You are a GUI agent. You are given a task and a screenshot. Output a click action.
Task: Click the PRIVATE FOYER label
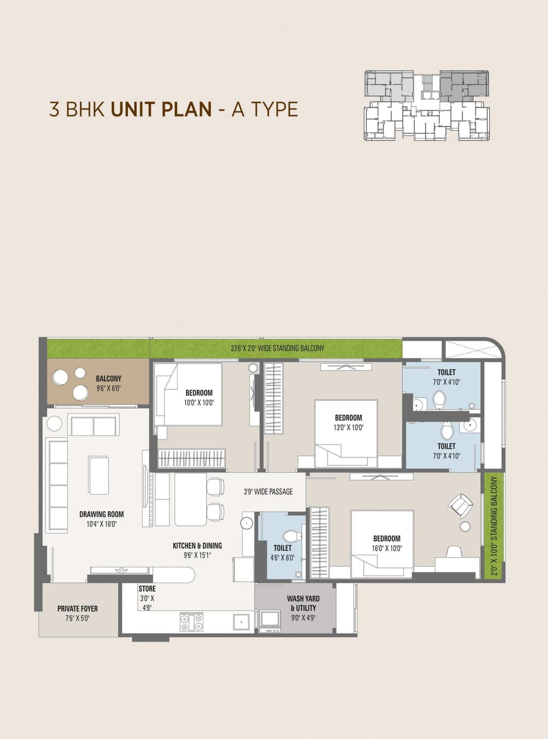pos(77,608)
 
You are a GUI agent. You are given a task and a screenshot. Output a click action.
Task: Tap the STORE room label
pos(147,589)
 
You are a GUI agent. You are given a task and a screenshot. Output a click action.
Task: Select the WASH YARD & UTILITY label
pos(303,603)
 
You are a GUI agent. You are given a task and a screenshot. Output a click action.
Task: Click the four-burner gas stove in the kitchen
pos(191,622)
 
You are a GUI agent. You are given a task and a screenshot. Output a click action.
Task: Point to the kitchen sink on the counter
pos(241,622)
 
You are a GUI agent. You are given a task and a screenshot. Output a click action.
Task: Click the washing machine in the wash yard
pos(270,619)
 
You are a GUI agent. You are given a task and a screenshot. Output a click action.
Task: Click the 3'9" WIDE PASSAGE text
pos(268,492)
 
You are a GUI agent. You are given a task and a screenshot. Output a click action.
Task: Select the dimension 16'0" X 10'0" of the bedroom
pos(387,548)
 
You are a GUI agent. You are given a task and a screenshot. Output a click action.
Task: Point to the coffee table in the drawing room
pos(98,475)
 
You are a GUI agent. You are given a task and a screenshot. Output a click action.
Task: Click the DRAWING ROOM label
pos(101,514)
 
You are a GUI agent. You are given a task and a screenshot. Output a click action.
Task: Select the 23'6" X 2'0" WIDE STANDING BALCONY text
pos(277,348)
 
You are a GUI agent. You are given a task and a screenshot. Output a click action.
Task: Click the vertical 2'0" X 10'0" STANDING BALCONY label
pos(494,526)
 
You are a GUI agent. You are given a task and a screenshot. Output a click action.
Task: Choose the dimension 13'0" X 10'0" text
pos(348,427)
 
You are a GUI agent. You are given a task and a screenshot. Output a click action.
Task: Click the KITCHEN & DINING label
pos(197,545)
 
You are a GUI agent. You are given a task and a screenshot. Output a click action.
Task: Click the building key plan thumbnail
pos(426,106)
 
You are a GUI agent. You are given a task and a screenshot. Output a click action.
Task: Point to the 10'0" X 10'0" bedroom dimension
pos(199,402)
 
